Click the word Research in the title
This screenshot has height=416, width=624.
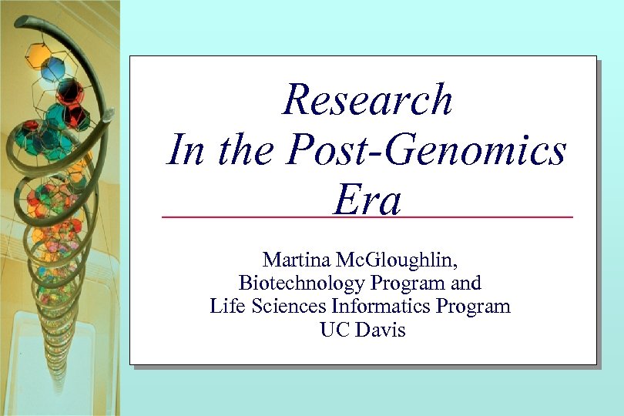click(367, 100)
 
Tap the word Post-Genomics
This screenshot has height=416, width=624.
click(426, 149)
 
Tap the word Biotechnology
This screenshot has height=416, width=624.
click(301, 283)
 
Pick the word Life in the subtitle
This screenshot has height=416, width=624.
click(225, 306)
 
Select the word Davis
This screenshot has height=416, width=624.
click(378, 330)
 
